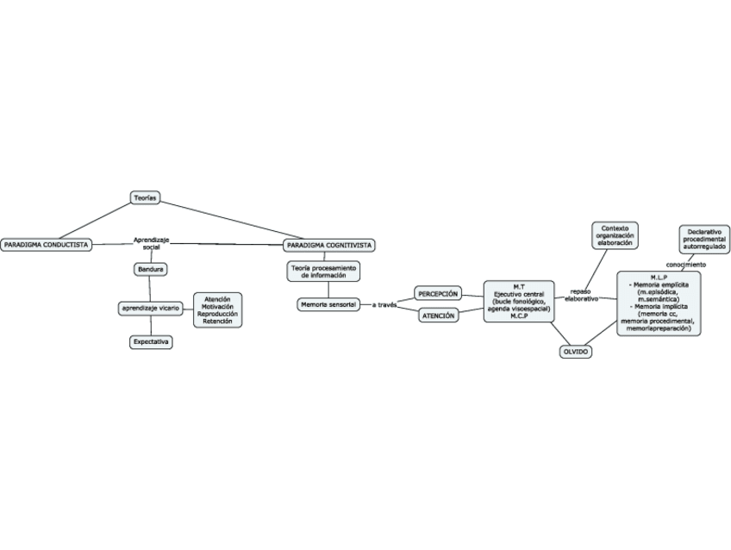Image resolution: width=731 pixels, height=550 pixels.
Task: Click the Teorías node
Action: point(144,198)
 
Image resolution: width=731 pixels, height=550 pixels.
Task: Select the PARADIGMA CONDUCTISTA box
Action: point(46,245)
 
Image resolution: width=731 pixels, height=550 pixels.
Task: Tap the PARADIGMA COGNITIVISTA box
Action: point(328,246)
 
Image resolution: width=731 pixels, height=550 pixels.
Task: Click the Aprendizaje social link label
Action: point(152,243)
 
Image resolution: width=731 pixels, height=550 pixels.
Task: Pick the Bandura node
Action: point(151,270)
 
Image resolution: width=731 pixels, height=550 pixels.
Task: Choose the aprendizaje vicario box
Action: point(150,308)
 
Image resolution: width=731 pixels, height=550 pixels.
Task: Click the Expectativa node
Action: point(151,342)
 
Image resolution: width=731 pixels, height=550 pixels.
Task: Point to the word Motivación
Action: point(217,306)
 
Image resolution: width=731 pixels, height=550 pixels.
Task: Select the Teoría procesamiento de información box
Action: point(322,272)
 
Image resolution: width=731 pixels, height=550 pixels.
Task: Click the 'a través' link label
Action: point(384,305)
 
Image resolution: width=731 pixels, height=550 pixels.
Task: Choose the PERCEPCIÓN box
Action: point(438,294)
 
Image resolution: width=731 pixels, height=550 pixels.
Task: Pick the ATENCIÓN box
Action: point(438,316)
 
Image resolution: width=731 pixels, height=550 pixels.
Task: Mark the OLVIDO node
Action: point(575,352)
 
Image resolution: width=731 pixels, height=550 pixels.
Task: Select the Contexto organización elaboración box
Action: point(615,235)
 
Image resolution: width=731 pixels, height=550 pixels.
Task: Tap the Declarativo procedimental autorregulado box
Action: point(704,239)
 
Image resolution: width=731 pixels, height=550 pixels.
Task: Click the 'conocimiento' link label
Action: point(686,265)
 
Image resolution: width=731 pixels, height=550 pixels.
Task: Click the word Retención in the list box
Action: point(217,322)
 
